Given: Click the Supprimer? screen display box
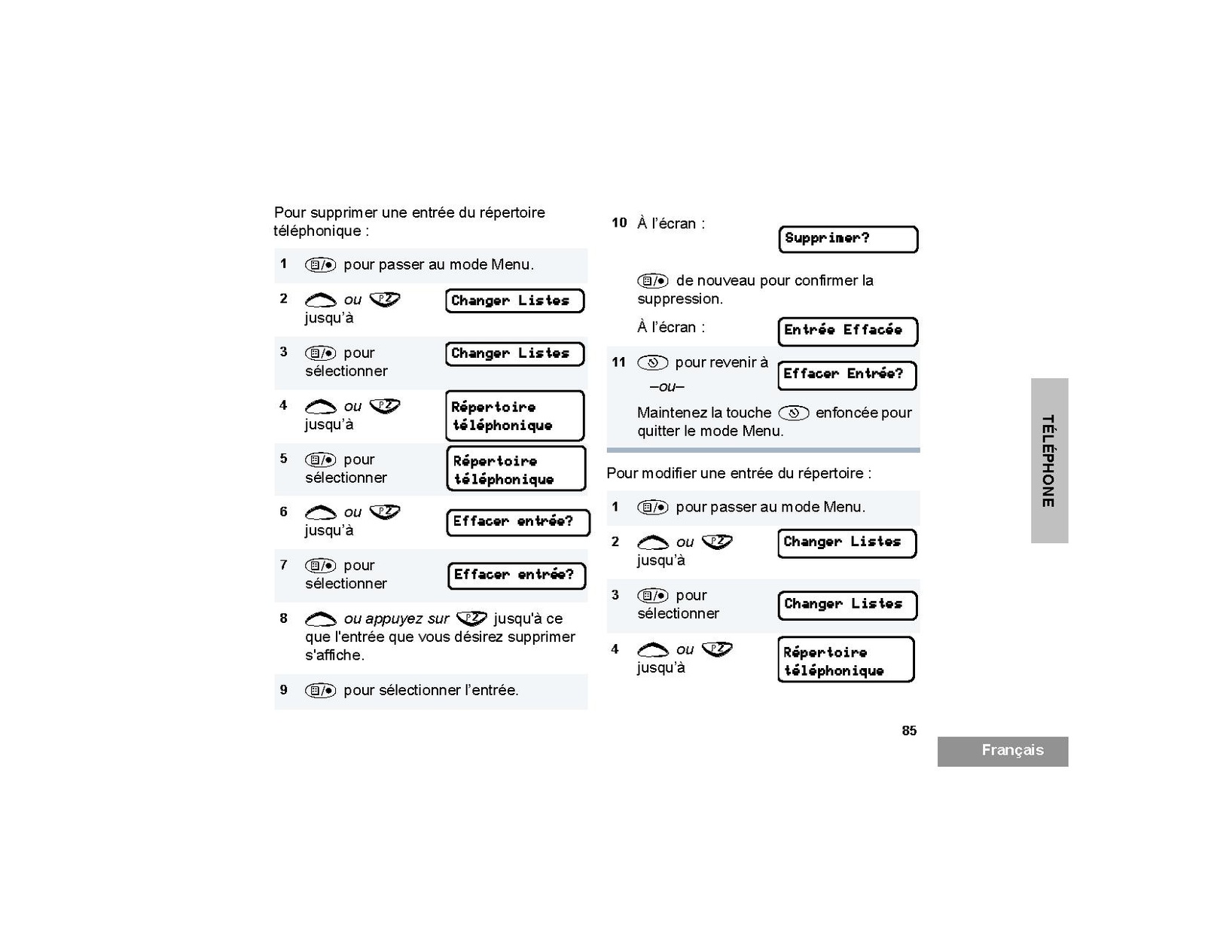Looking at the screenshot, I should point(848,240).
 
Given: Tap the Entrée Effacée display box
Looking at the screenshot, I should point(847,331).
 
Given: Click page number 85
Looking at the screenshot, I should point(909,731).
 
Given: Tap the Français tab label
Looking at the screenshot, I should point(1011,750).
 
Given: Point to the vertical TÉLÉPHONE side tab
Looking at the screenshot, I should point(1048,460).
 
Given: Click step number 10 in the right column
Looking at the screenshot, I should point(619,223).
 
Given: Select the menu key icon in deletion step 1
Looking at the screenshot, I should point(320,265).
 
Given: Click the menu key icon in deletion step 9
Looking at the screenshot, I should point(320,691).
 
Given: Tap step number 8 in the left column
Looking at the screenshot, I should point(284,618).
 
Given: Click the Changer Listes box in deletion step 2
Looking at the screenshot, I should point(514,301).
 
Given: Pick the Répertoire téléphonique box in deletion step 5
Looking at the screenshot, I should point(516,469).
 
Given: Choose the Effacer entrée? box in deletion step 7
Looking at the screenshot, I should point(516,575).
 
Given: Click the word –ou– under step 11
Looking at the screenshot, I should point(667,387).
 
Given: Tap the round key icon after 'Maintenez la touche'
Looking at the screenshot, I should point(793,413).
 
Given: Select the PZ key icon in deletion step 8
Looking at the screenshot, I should point(472,618).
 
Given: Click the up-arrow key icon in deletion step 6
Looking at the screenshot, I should point(320,513).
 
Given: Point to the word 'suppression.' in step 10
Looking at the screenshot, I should point(680,299).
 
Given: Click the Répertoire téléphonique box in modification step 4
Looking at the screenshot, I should point(846,661).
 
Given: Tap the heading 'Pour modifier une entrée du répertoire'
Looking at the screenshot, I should point(738,474).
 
